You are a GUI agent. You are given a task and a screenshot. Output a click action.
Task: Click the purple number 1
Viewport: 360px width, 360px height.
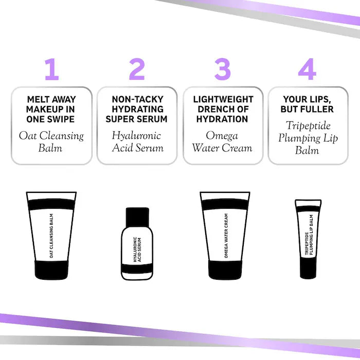(52, 69)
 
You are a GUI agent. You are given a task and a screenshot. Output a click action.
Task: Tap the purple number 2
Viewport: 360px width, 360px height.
(137, 69)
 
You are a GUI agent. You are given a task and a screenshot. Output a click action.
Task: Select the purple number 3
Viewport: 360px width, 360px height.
(223, 69)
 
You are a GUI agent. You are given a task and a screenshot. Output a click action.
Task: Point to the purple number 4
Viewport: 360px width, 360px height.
(307, 69)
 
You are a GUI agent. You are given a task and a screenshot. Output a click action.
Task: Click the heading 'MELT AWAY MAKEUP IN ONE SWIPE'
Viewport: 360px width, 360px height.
(51, 109)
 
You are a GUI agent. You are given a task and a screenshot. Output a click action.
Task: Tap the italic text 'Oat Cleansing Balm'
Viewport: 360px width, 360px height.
(51, 141)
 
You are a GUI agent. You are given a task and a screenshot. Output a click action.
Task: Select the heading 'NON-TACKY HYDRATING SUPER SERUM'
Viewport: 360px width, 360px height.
(137, 109)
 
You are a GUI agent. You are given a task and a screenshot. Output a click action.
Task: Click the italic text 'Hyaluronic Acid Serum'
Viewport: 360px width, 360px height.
(137, 141)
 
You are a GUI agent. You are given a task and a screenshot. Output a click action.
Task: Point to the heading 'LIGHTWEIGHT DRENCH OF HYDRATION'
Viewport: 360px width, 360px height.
(223, 109)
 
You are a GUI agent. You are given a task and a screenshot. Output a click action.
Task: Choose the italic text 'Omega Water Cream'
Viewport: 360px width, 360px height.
(222, 141)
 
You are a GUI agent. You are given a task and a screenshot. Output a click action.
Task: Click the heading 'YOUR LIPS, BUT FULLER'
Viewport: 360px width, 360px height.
(307, 104)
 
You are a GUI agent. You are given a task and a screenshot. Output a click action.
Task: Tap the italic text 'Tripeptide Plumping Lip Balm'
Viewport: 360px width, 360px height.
(308, 138)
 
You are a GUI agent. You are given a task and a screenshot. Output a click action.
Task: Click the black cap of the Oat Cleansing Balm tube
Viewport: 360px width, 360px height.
(51, 270)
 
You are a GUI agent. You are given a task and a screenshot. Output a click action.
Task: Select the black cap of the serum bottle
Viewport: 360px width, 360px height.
(137, 217)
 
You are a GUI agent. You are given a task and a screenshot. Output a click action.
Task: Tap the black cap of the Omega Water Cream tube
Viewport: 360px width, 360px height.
(225, 270)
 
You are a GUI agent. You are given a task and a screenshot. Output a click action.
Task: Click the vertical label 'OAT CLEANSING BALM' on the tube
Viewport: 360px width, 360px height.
(51, 236)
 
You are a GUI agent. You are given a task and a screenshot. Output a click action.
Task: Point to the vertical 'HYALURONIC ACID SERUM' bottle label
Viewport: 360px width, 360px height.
(137, 249)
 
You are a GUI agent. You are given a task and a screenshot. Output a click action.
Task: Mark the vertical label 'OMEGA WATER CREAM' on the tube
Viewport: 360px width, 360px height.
(226, 236)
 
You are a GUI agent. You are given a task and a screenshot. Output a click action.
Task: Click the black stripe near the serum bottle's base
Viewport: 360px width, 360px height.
(137, 268)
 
